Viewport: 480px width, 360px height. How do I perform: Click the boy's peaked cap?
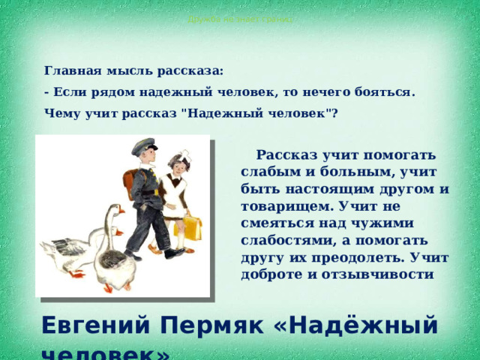(145, 148)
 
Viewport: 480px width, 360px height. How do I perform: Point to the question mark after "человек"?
(334, 114)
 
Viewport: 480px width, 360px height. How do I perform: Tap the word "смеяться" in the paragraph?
(278, 223)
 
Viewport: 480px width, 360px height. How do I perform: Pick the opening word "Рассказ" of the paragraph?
(289, 155)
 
